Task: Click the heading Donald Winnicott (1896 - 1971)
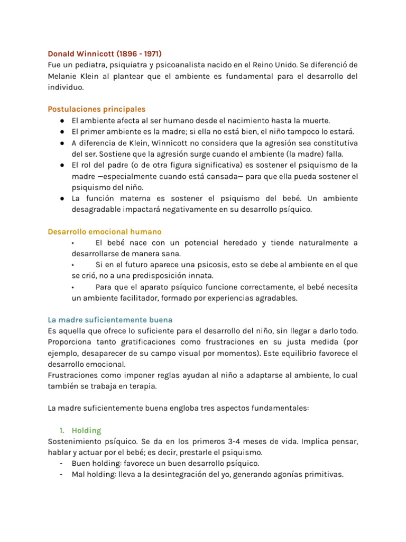pyautogui.click(x=105, y=53)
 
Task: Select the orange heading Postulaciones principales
pyautogui.click(x=97, y=109)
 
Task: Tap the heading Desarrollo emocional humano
pyautogui.click(x=105, y=232)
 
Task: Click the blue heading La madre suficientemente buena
pyautogui.click(x=110, y=320)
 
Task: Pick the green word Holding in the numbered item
pyautogui.click(x=87, y=430)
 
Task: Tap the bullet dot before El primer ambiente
pyautogui.click(x=62, y=132)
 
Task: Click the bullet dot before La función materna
pyautogui.click(x=62, y=198)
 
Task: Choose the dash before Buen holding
pyautogui.click(x=62, y=463)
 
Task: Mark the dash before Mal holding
pyautogui.click(x=62, y=474)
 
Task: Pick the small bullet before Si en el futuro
pyautogui.click(x=72, y=265)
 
